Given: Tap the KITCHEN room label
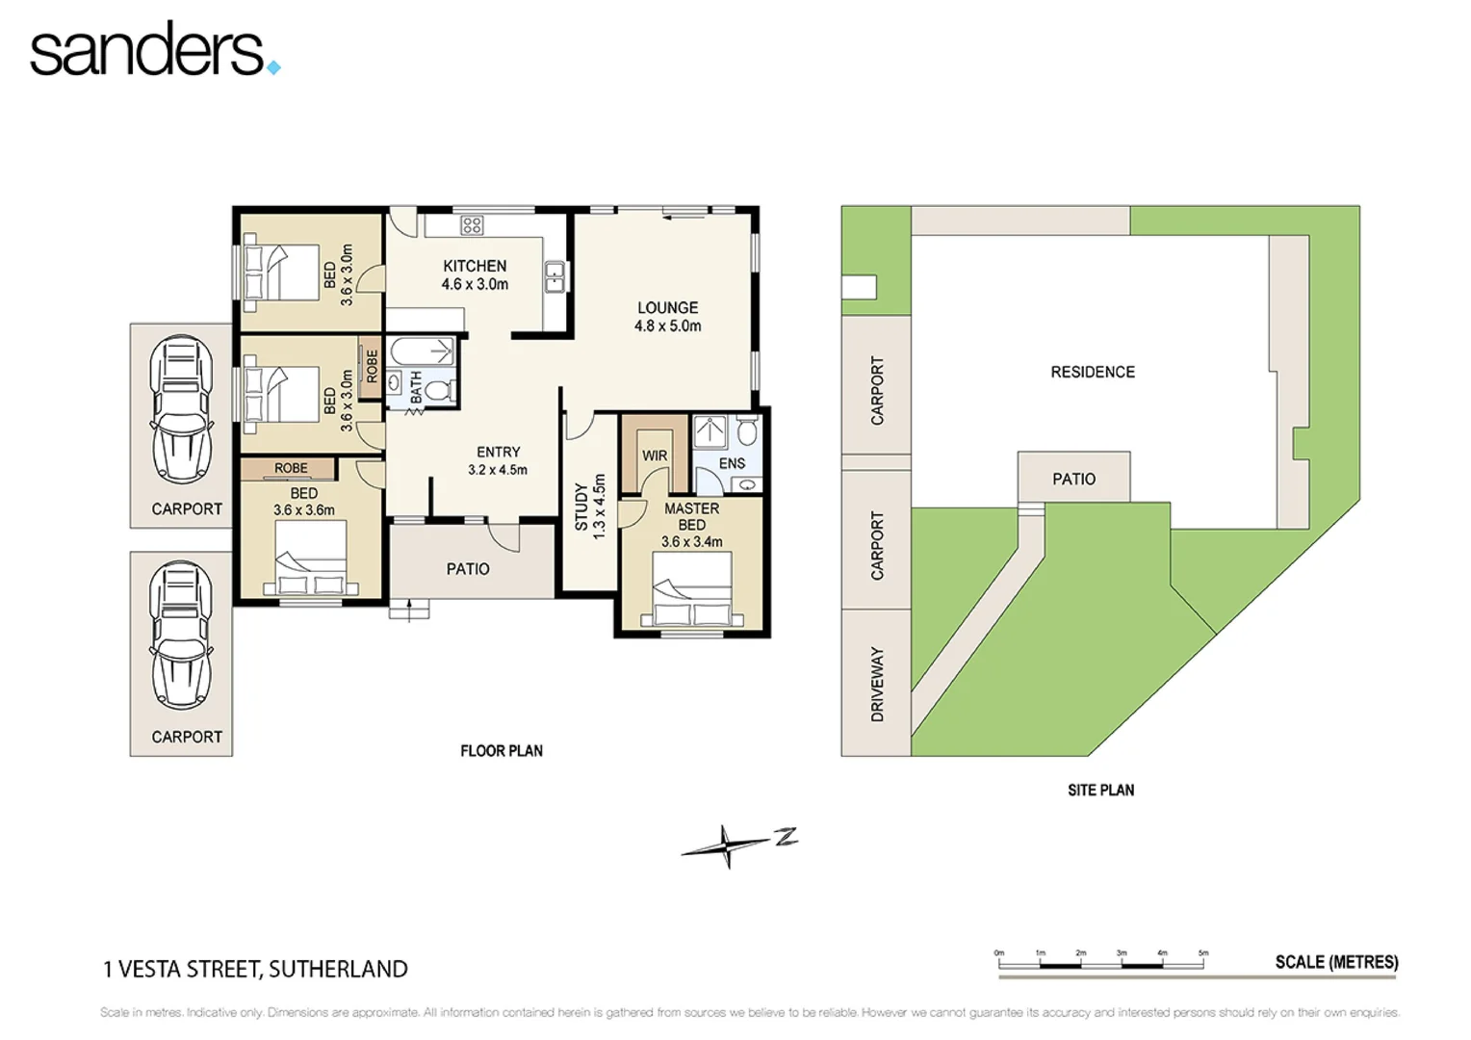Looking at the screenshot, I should [x=475, y=267].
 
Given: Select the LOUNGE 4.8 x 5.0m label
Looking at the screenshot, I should [x=667, y=317].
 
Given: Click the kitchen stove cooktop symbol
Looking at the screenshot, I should [x=472, y=225].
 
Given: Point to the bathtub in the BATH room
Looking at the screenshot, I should [x=422, y=351].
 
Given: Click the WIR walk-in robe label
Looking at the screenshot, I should [x=655, y=455].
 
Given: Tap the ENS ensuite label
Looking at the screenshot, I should [x=732, y=463].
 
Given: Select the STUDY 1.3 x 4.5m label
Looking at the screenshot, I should [x=589, y=506].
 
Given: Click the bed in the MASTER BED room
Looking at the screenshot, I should [x=691, y=590].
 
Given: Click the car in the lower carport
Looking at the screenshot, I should [x=181, y=636].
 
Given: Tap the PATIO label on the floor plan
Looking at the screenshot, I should [x=468, y=569].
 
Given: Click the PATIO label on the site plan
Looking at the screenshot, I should [x=1073, y=479].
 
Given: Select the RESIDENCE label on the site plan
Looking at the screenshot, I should [x=1093, y=372].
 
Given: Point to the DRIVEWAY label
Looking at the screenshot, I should [x=877, y=684].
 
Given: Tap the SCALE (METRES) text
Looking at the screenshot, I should [x=1336, y=962].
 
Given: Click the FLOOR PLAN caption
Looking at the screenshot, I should [x=502, y=751].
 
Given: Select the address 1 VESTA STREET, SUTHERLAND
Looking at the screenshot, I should [x=255, y=969].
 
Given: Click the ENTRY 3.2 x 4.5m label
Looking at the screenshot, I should [x=498, y=460].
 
